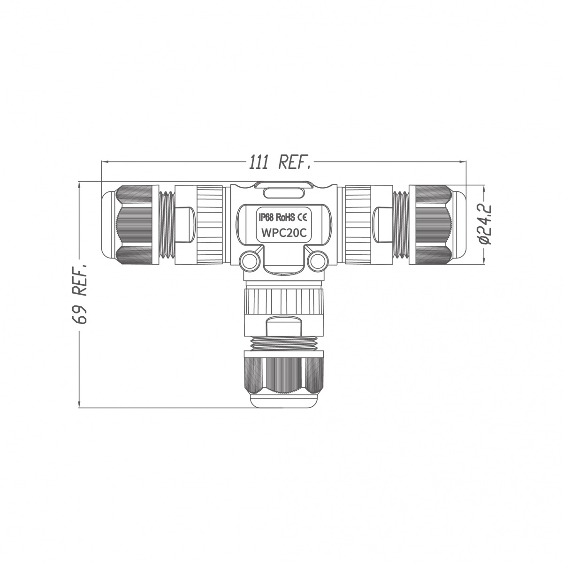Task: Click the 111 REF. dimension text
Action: [279, 162]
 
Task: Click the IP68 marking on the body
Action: [266, 217]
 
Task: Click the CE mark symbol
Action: [302, 217]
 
